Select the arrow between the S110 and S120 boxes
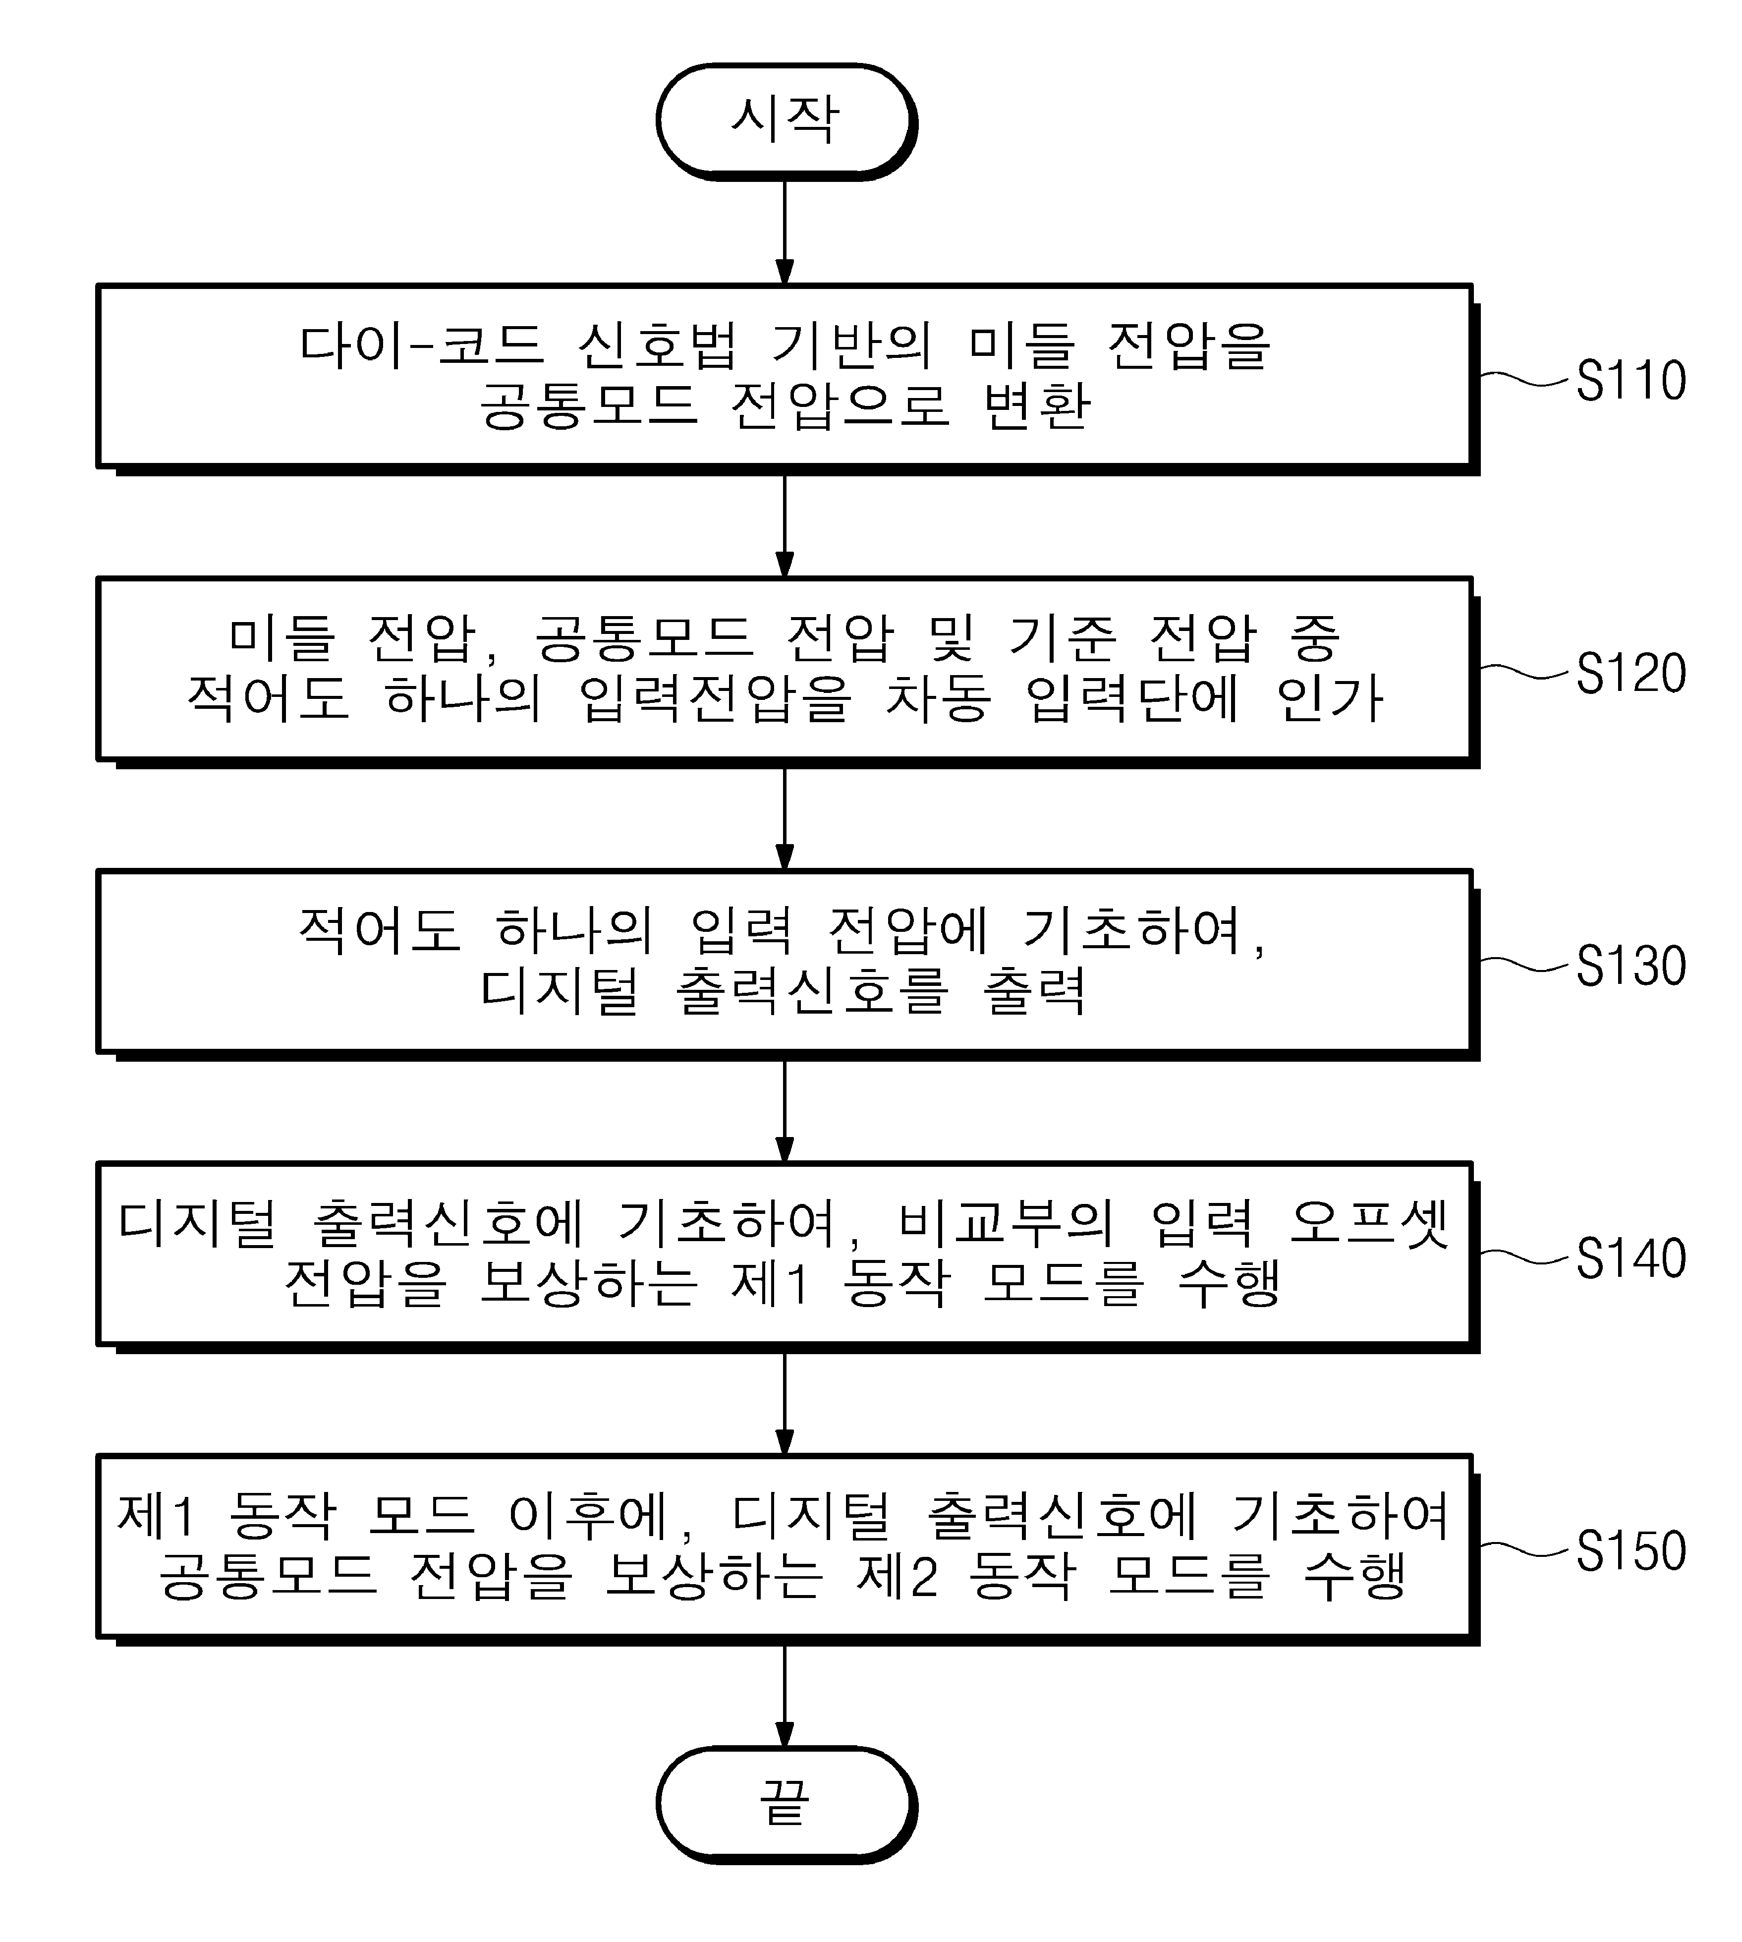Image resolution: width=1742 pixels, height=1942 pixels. click(785, 526)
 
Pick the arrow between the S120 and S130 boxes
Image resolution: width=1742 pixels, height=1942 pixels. click(785, 819)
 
